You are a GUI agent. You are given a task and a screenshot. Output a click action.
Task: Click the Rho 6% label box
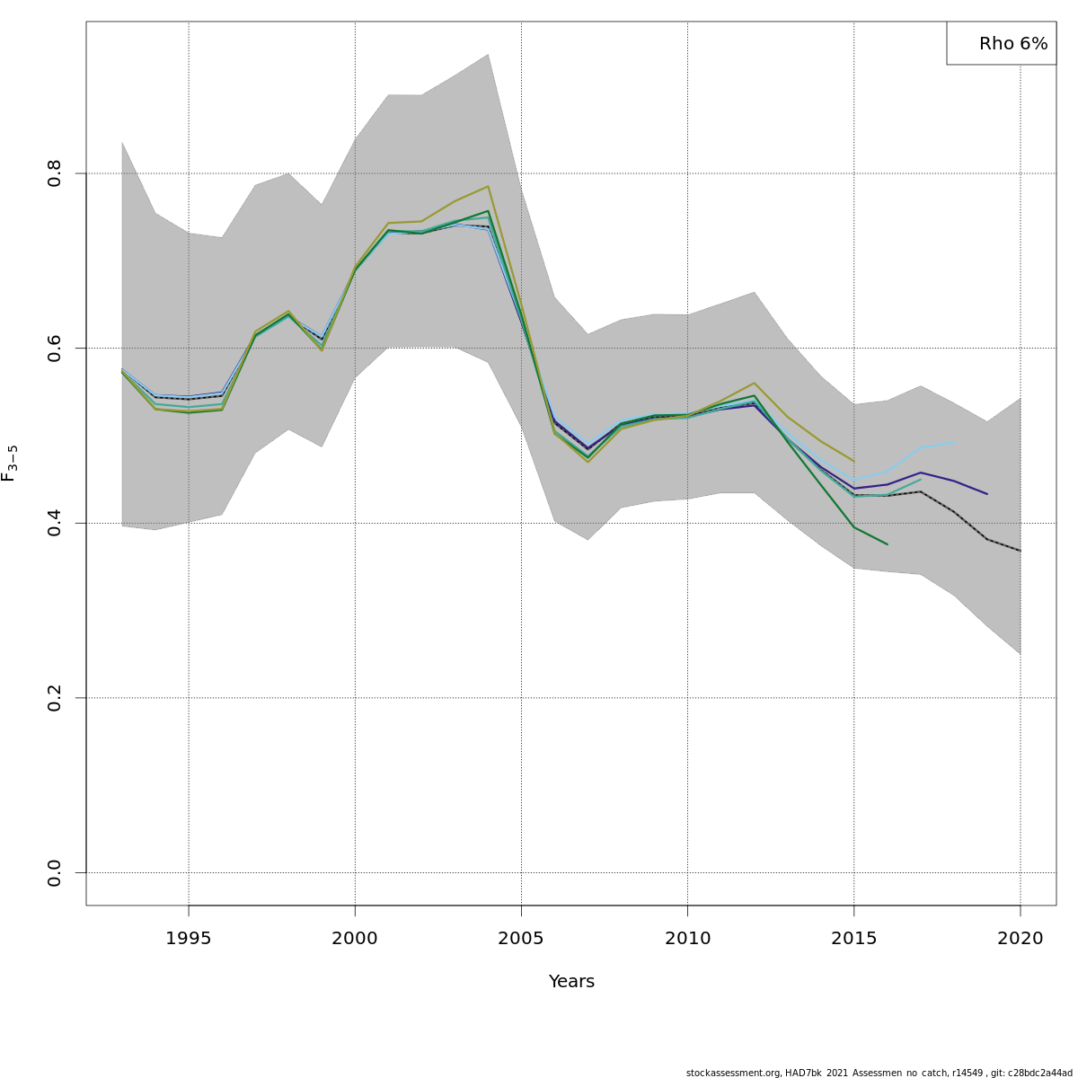(x=1001, y=43)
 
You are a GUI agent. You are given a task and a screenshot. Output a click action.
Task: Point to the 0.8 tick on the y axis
(x=55, y=173)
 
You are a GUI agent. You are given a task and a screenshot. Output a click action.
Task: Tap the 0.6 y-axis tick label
(x=55, y=348)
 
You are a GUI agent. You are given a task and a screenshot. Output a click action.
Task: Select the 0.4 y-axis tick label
(x=55, y=523)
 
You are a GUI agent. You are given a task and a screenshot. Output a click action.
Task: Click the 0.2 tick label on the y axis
(x=55, y=698)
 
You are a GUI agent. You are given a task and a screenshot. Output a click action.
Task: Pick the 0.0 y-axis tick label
(x=55, y=872)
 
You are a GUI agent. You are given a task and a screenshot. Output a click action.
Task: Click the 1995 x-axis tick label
(x=189, y=939)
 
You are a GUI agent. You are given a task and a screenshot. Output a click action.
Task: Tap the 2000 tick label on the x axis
(x=355, y=939)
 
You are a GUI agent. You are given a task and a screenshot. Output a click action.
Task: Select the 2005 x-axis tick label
(x=521, y=939)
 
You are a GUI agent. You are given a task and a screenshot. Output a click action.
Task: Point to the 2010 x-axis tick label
(x=687, y=939)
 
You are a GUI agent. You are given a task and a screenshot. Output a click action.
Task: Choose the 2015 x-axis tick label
(x=853, y=939)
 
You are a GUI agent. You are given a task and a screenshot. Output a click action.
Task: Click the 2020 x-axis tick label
(x=1021, y=939)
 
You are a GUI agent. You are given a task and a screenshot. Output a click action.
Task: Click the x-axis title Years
(x=571, y=982)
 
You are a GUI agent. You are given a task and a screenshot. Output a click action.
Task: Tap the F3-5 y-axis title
(x=10, y=464)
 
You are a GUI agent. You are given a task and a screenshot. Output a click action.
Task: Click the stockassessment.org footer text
(x=879, y=1073)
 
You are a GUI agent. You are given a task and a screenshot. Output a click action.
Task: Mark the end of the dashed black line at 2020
(x=1021, y=551)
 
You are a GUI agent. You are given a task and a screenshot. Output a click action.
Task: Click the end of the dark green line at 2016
(x=888, y=544)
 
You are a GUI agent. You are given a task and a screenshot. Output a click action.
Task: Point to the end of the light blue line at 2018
(x=954, y=442)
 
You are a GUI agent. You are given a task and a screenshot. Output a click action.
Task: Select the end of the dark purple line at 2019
(x=987, y=494)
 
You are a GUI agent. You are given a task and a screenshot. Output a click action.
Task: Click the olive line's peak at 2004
(x=488, y=187)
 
